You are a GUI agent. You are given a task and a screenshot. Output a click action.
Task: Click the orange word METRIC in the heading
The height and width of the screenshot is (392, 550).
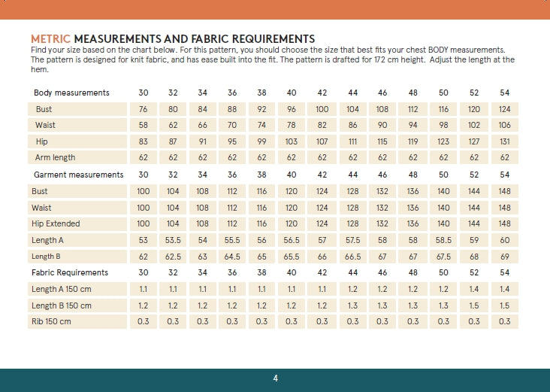pos(50,38)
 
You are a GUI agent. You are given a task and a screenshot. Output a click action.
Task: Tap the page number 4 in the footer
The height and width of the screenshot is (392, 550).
pos(276,378)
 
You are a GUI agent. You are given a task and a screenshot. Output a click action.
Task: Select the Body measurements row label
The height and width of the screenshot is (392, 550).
pos(71,93)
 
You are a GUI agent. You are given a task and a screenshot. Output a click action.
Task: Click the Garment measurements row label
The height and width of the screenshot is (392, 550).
pos(77,175)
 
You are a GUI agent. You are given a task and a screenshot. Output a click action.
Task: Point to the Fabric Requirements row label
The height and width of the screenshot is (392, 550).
pos(70,272)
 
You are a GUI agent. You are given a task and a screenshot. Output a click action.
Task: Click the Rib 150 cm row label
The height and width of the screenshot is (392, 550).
pos(51,322)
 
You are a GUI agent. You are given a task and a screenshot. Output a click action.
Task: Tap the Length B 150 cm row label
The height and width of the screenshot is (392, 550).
pos(62,305)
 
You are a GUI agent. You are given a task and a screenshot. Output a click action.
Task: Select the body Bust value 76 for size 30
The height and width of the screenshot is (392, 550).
pos(144,109)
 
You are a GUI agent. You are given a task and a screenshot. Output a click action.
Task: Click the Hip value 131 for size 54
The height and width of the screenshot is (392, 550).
pos(504,141)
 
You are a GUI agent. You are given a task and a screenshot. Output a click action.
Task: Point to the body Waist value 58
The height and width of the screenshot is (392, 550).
pos(144,125)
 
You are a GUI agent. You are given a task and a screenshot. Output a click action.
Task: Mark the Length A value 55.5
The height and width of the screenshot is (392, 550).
pos(232,240)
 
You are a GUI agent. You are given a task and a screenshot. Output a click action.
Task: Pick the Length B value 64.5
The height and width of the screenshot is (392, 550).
pos(232,257)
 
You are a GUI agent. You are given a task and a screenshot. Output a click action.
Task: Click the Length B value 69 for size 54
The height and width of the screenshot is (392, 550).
pos(504,257)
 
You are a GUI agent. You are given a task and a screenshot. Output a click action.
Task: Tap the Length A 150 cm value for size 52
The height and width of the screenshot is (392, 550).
pos(474,289)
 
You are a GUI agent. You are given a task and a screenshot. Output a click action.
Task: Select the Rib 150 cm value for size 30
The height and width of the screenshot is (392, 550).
pos(144,322)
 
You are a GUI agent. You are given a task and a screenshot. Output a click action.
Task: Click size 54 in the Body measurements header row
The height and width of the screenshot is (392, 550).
pos(504,93)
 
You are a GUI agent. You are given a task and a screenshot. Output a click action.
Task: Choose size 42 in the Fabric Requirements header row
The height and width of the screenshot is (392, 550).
pos(322,272)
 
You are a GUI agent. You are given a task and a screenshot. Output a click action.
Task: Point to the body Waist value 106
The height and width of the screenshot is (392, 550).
pos(504,125)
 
